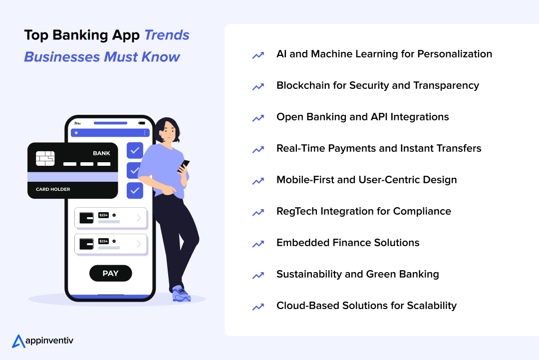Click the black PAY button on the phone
tap(110, 273)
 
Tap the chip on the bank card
tap(45, 158)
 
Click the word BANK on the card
tap(101, 153)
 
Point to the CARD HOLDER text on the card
tap(53, 190)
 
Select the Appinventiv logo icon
tap(18, 341)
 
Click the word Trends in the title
tap(167, 35)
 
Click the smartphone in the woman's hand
tap(184, 165)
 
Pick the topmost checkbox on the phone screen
tap(135, 150)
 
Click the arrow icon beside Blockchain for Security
tap(258, 86)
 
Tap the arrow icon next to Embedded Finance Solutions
tap(258, 244)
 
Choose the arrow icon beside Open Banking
tap(258, 118)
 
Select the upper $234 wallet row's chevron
tap(139, 218)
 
